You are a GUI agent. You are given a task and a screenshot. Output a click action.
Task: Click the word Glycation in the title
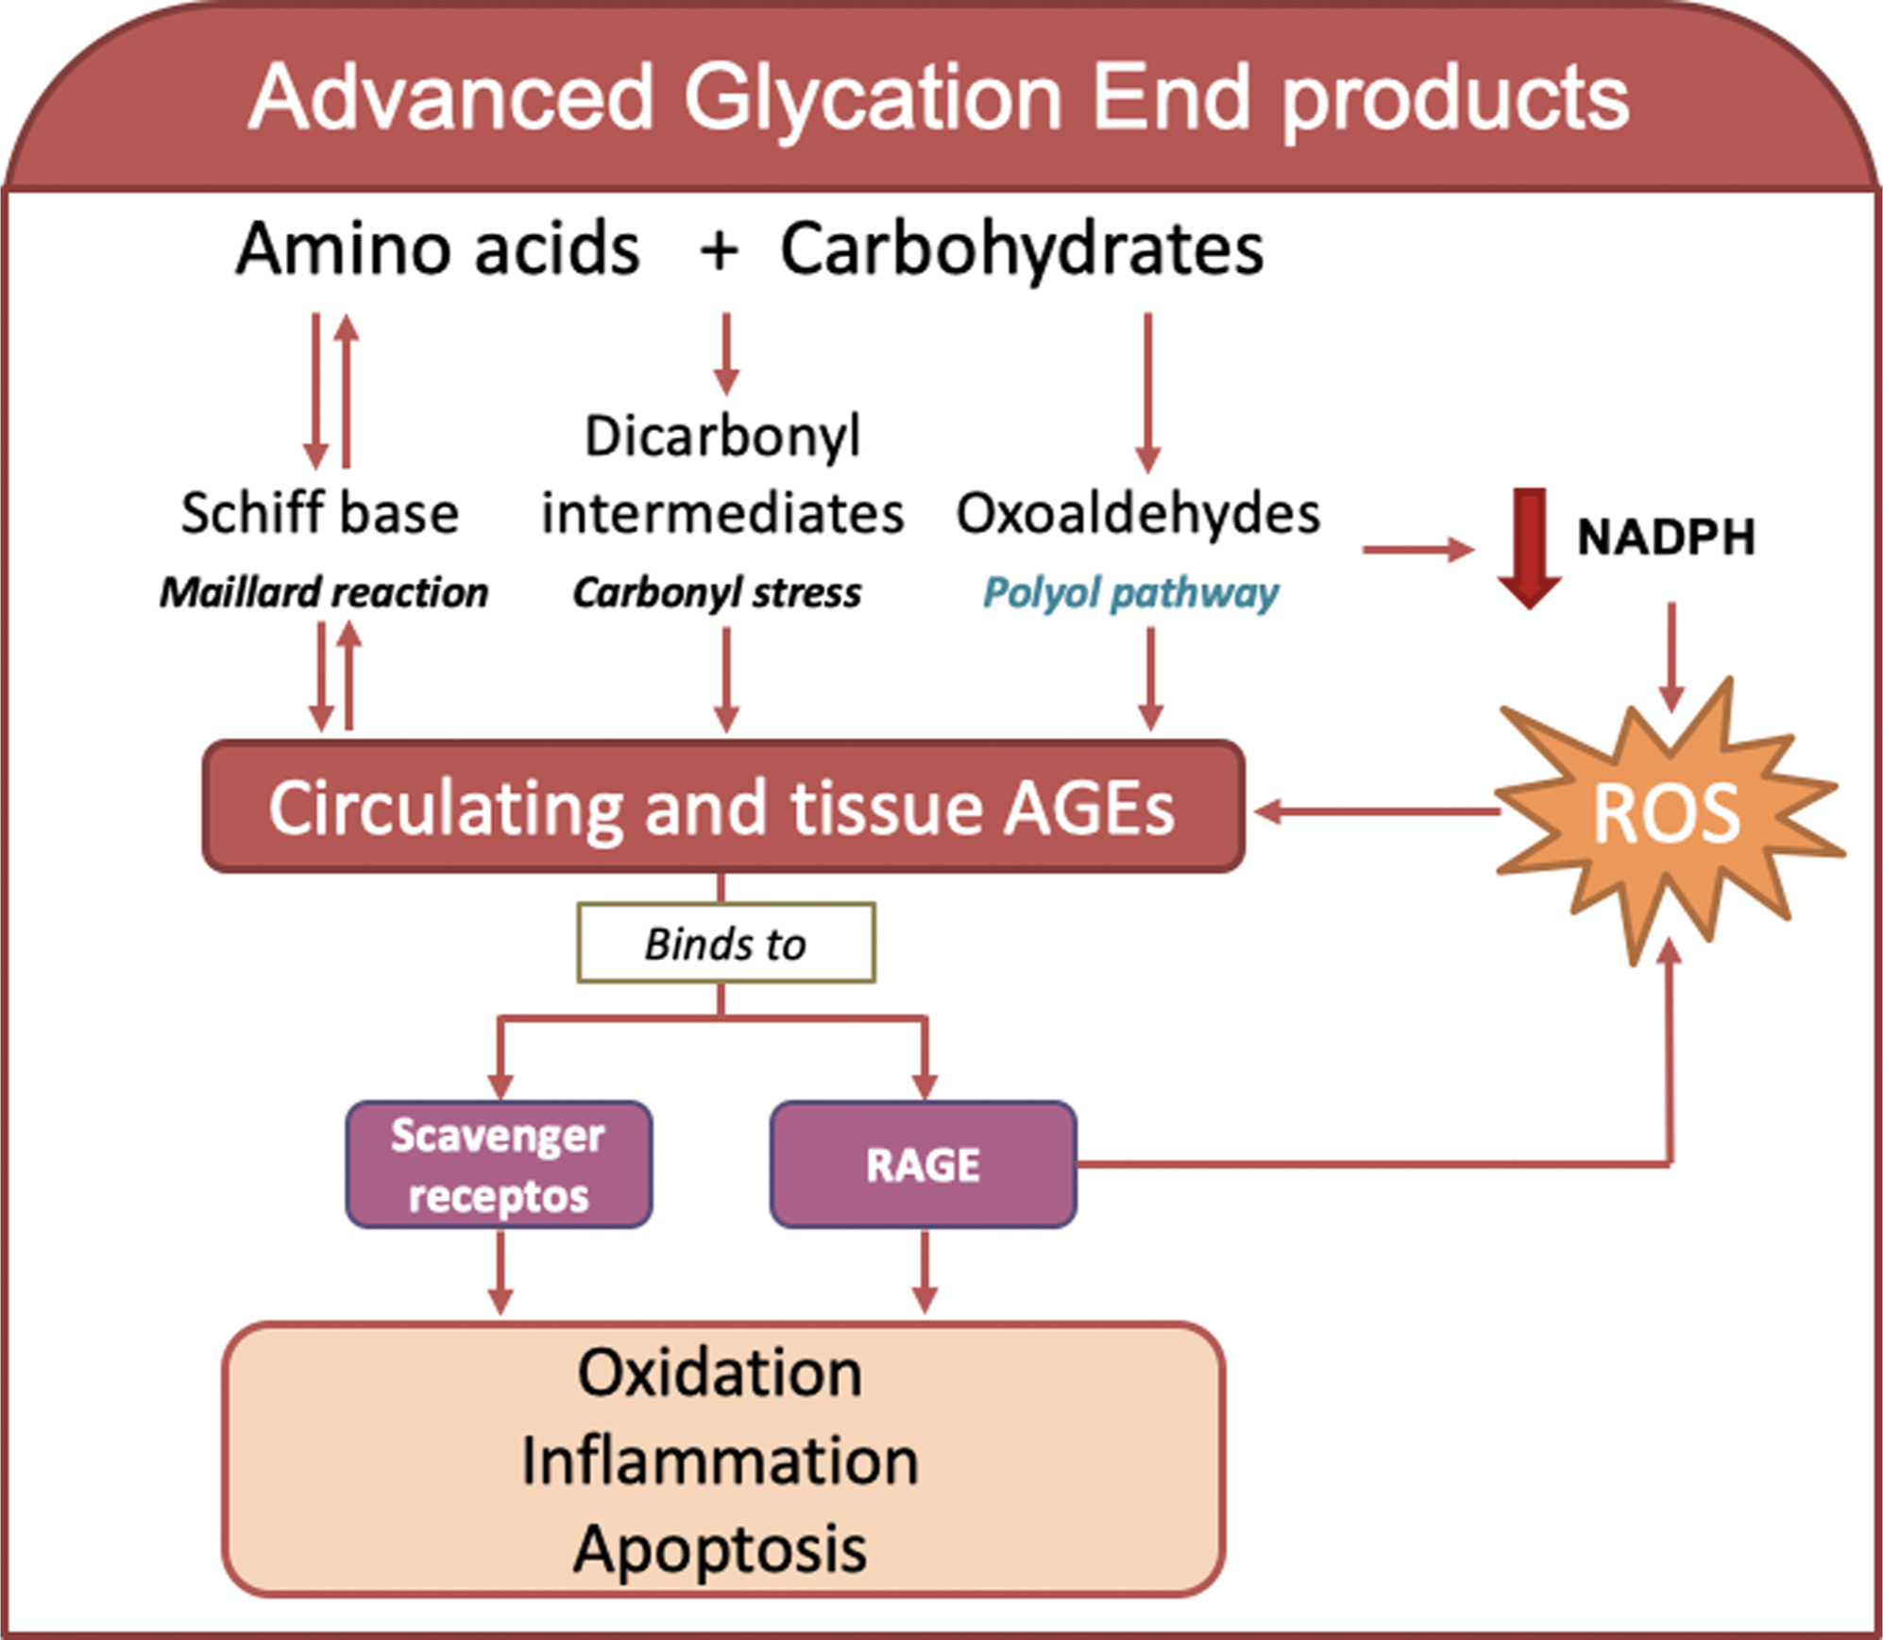click(x=874, y=99)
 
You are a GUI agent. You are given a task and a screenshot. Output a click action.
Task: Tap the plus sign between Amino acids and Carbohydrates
click(x=719, y=250)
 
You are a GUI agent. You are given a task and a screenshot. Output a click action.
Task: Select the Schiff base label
click(x=320, y=513)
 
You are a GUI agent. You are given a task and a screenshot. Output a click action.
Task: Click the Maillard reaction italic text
click(x=324, y=592)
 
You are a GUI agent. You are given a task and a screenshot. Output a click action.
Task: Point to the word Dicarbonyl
click(x=722, y=436)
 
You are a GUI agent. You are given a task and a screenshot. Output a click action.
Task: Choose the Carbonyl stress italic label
click(x=717, y=592)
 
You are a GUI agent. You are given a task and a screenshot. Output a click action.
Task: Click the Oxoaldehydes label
click(x=1138, y=513)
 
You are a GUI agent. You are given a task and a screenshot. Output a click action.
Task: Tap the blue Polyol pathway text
click(x=1130, y=592)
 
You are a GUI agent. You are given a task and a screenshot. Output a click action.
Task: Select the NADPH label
click(x=1666, y=537)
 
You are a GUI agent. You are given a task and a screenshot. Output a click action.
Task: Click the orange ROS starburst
click(x=1667, y=812)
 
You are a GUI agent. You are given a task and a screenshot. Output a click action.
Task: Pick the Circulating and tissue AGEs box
click(x=722, y=807)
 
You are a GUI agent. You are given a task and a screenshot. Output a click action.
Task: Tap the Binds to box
click(x=725, y=943)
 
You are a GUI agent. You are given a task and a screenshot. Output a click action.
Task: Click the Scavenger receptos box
click(x=499, y=1164)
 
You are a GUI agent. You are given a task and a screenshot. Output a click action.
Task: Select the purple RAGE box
click(x=923, y=1164)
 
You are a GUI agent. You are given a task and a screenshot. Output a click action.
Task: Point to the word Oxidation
click(x=720, y=1373)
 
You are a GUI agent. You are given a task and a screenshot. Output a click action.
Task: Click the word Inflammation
click(x=720, y=1461)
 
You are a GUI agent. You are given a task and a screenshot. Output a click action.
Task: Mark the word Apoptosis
click(x=720, y=1548)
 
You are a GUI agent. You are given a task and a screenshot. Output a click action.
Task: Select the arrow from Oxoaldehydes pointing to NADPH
click(x=1416, y=549)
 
